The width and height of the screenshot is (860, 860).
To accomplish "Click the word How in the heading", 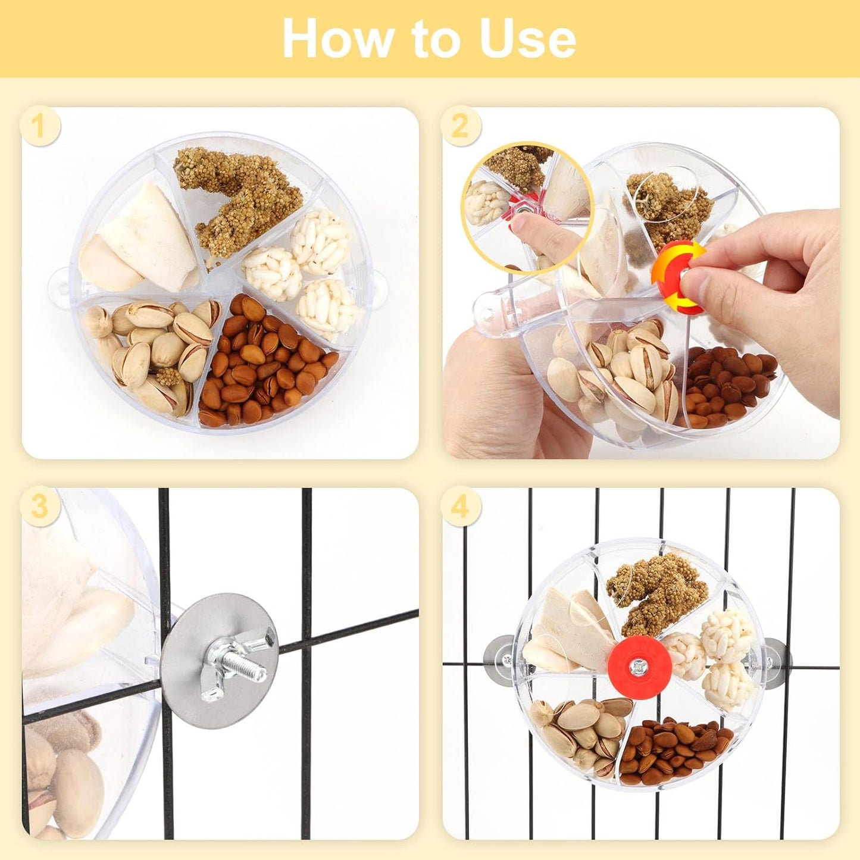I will coord(336,39).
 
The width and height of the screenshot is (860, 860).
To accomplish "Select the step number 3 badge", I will coord(39,507).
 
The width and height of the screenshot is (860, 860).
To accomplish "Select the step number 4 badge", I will coord(460,507).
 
